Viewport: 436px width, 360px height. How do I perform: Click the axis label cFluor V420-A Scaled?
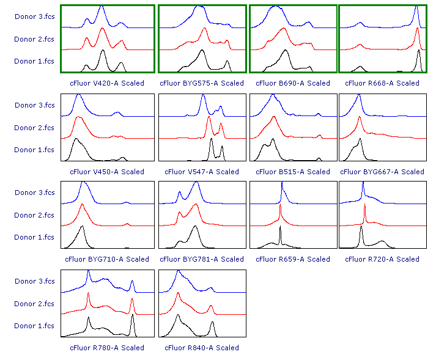pos(107,83)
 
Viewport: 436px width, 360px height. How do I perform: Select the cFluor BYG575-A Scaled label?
pos(201,83)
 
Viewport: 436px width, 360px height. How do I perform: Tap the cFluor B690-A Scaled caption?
pos(292,83)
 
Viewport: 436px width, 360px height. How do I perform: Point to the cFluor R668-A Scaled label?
pos(382,83)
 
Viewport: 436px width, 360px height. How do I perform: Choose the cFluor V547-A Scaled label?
pos(201,172)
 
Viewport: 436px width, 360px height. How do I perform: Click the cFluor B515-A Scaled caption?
pos(292,172)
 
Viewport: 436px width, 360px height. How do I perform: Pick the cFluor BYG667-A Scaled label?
pos(382,172)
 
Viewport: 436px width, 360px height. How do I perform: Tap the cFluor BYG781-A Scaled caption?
pos(201,259)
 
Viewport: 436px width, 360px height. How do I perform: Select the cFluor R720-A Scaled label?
pos(382,259)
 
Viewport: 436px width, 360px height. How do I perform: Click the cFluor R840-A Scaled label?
pos(201,348)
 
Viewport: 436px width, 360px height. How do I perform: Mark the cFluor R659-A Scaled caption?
pos(292,259)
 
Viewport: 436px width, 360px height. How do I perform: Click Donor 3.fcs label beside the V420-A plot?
pos(35,17)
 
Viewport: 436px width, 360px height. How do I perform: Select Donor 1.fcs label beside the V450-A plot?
pos(35,150)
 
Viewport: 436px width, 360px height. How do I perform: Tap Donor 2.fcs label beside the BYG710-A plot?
pos(35,215)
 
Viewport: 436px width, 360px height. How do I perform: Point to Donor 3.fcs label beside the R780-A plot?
pos(35,281)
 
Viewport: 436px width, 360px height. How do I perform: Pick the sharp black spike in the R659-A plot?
pos(281,230)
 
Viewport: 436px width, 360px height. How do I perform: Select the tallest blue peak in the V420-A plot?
pos(102,7)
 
